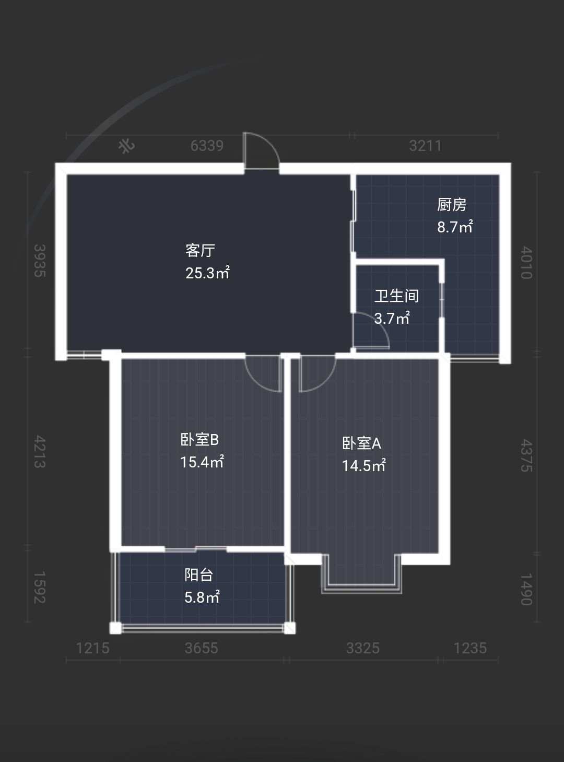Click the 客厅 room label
coord(200,251)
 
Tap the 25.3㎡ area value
coord(207,273)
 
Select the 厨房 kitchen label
coord(452,205)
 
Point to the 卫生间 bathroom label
coord(396,296)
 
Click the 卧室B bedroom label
coord(199,440)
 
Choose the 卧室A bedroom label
coord(362,443)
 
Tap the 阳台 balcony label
coord(199,575)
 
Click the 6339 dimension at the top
coord(207,146)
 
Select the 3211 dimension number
coord(425,146)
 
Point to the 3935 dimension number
coord(40,261)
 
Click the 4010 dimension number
coord(526,263)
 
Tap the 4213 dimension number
coord(40,452)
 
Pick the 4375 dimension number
coord(526,455)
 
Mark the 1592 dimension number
coord(40,588)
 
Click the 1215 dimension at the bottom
coord(93,648)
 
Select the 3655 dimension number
coord(202,648)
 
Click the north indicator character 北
coord(126,146)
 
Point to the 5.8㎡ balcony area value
coord(202,597)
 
